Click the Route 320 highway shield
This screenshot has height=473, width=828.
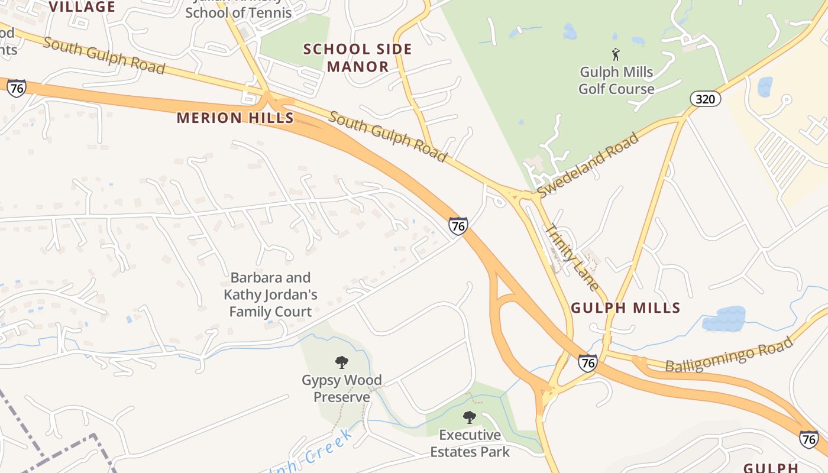705,99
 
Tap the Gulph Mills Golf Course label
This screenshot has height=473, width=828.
616,80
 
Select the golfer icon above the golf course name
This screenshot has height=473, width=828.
616,54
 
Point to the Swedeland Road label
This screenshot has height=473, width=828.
588,165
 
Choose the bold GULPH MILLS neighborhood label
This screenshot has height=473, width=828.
626,308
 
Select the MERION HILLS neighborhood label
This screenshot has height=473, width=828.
235,118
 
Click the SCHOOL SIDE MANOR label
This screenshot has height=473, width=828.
357,57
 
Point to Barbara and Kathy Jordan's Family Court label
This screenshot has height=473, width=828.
270,294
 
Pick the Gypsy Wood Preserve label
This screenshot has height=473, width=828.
342,388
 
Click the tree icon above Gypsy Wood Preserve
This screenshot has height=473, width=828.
342,362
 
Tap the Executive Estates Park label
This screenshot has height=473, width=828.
470,443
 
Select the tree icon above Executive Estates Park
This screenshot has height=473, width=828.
470,417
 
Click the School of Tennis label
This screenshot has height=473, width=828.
238,12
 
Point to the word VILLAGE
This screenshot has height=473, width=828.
82,7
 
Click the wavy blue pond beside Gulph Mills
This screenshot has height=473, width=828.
724,319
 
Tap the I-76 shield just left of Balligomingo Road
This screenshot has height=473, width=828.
587,362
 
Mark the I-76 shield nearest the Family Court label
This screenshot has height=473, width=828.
458,226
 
